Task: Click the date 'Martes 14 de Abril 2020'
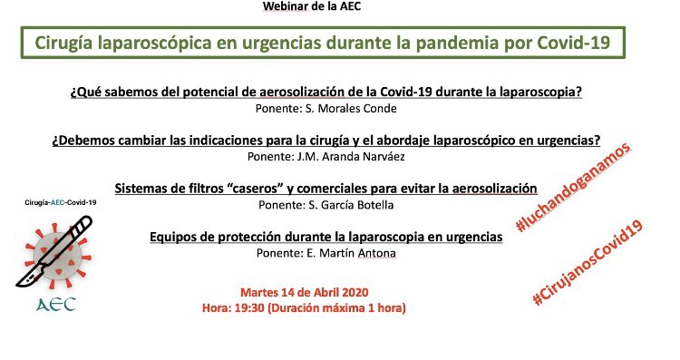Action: [304, 292]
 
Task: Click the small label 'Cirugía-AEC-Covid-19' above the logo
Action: [61, 202]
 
